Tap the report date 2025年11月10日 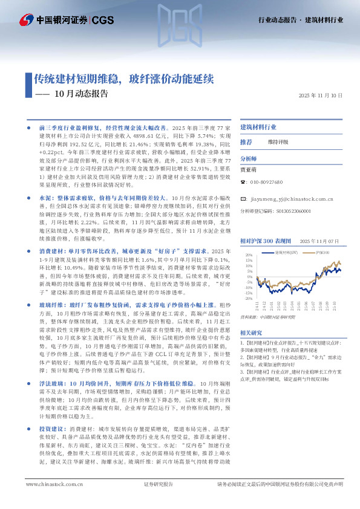tap(321, 96)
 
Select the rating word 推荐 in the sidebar tap(246, 142)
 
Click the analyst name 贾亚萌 tap(249, 170)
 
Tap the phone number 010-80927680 tap(270, 181)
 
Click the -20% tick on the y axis tap(247, 298)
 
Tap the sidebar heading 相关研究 tap(250, 332)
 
